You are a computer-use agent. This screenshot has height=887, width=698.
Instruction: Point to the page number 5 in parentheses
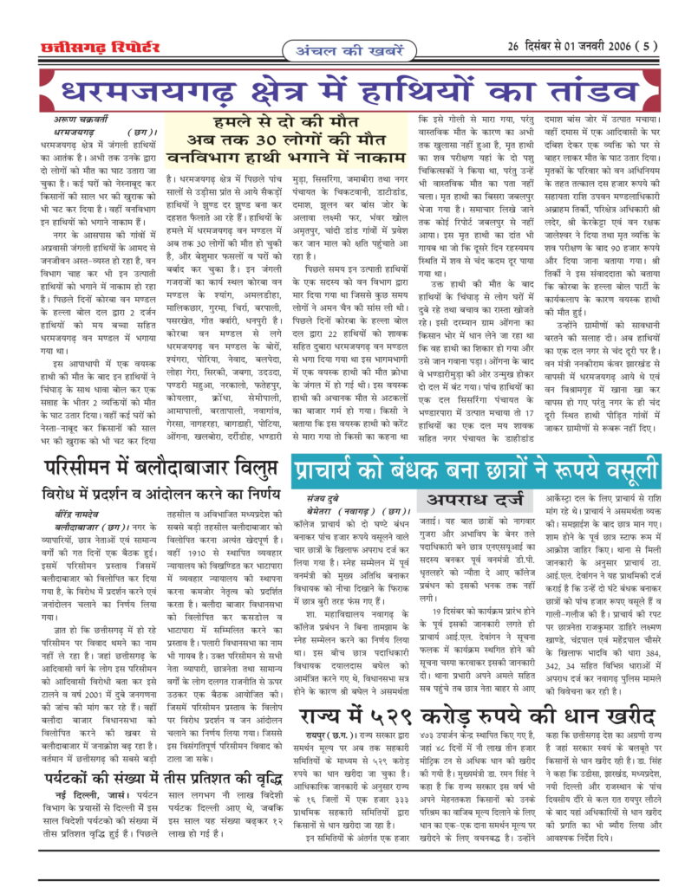point(641,47)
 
